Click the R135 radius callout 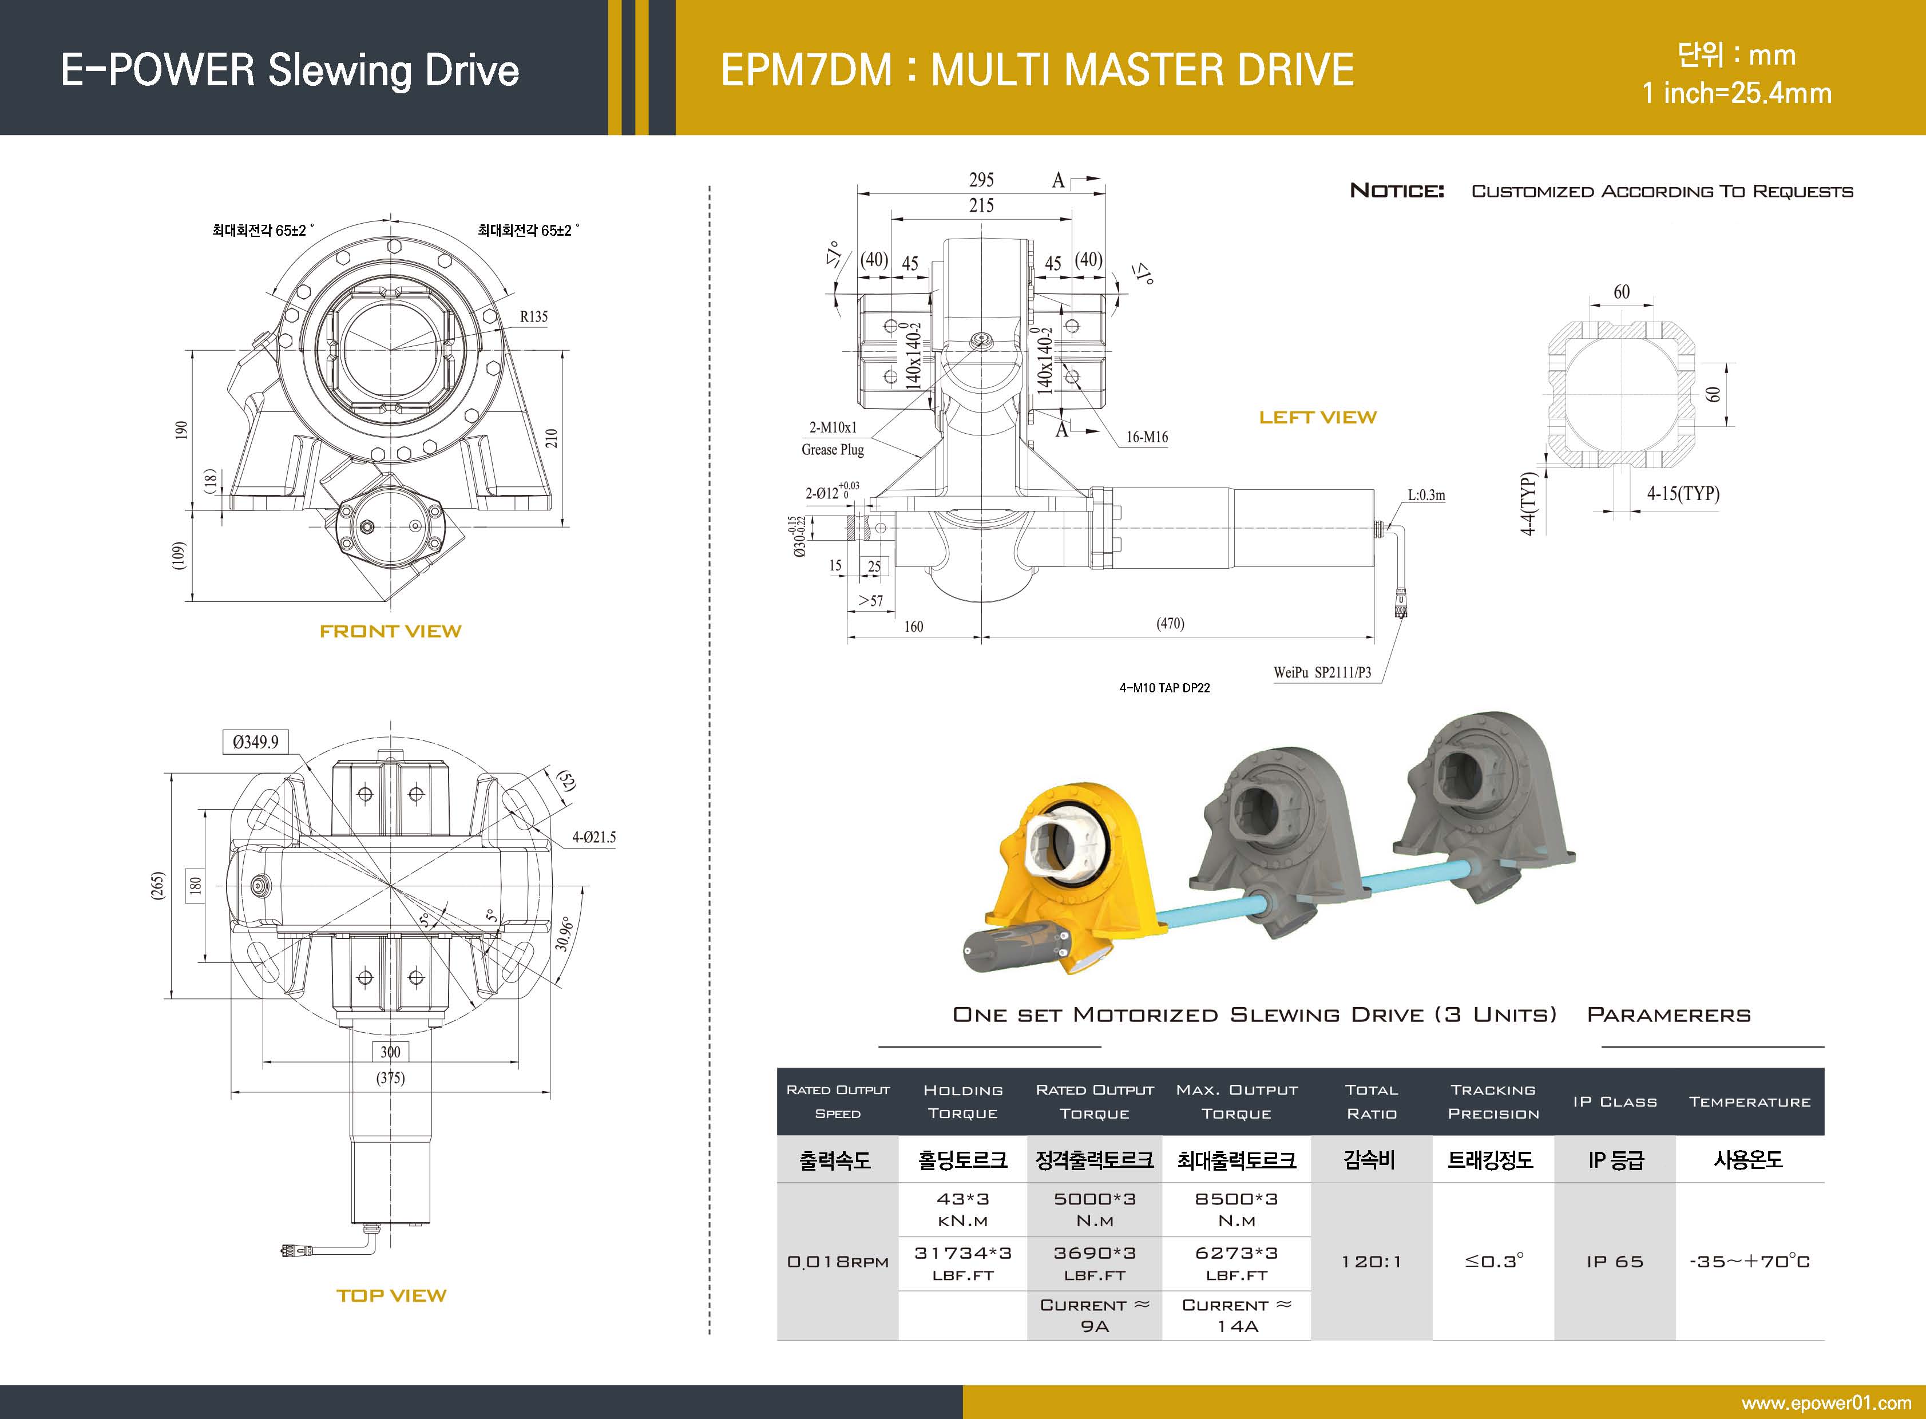(x=533, y=317)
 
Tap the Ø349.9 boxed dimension (x=255, y=742)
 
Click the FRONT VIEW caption (x=390, y=631)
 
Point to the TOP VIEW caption (x=391, y=1295)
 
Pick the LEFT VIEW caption (x=1317, y=418)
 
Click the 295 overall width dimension (x=981, y=180)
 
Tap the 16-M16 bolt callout (x=1147, y=437)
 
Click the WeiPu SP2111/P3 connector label (x=1322, y=672)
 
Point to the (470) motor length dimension (x=1170, y=624)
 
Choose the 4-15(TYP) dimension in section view (x=1682, y=494)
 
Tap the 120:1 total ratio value (x=1371, y=1262)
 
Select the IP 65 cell (x=1614, y=1262)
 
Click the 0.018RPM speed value (x=838, y=1262)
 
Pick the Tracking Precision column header (x=1493, y=1101)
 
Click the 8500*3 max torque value (x=1236, y=1199)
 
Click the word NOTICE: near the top (x=1397, y=191)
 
